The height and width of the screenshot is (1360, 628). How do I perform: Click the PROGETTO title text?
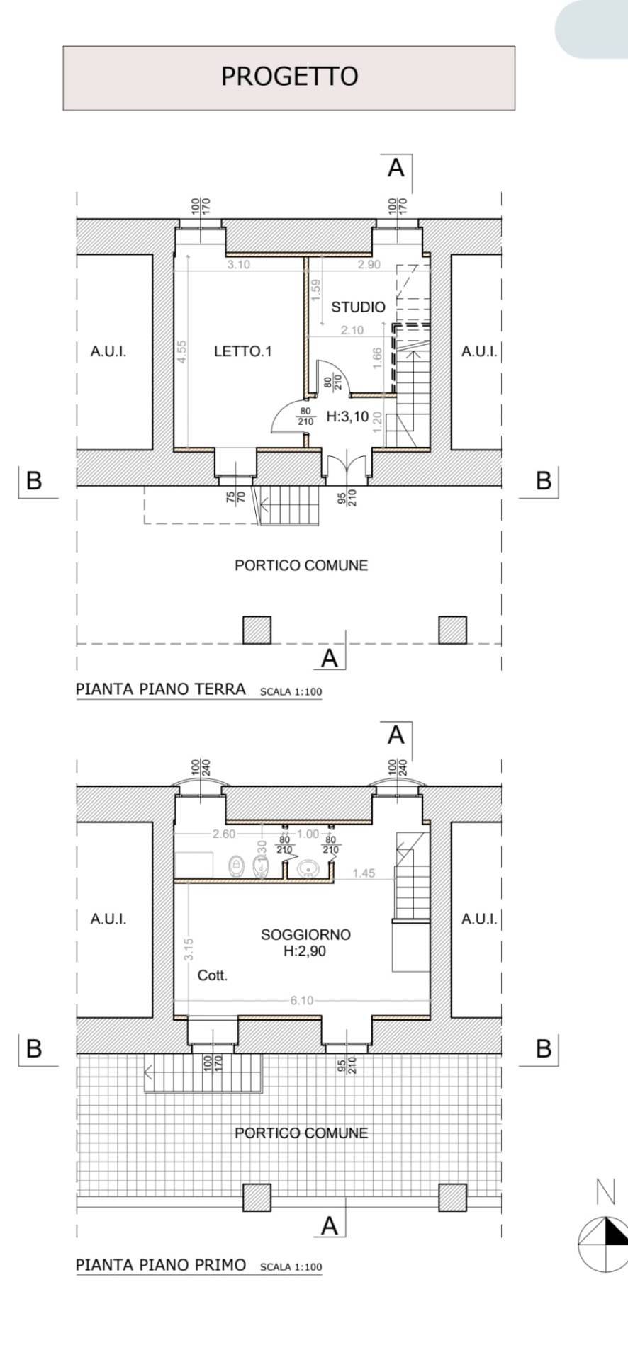[289, 76]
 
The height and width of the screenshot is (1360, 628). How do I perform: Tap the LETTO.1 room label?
[243, 351]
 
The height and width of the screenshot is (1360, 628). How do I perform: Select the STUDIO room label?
[358, 307]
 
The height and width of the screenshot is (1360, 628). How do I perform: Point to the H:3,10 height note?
[347, 417]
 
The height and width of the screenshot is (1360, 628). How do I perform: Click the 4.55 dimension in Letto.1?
[181, 352]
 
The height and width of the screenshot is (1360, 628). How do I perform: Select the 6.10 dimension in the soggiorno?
[302, 1000]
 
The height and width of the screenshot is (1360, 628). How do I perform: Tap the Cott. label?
[213, 975]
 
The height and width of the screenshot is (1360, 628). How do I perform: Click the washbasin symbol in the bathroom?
[308, 867]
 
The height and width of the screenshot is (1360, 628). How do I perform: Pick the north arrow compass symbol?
[603, 1245]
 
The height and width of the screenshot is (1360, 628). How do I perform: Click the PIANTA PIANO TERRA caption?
[161, 689]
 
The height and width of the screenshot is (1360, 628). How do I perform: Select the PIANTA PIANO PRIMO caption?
[161, 1265]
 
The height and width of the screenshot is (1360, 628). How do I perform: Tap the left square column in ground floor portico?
[257, 630]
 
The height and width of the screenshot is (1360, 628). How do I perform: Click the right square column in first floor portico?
[452, 1197]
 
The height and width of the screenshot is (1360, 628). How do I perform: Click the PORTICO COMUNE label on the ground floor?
[301, 565]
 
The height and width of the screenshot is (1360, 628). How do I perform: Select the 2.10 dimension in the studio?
[352, 330]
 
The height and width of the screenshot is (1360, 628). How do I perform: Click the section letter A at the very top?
[396, 169]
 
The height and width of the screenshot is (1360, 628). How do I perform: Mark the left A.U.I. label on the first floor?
[108, 919]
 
